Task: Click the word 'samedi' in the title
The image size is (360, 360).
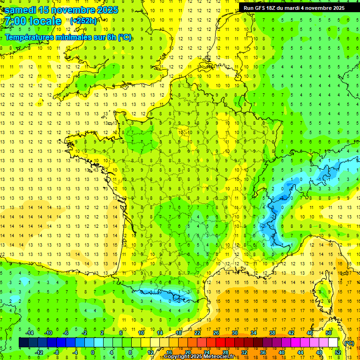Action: (x=21, y=9)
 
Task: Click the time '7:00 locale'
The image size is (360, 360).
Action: (x=33, y=21)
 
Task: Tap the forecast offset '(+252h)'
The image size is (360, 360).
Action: (x=83, y=21)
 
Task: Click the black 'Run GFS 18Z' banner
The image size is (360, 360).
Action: (x=294, y=7)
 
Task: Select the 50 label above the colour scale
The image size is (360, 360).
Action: (x=328, y=333)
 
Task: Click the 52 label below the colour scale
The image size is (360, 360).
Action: (x=337, y=352)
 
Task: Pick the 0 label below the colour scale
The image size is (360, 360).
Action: (x=93, y=352)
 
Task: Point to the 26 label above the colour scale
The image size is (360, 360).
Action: (x=216, y=333)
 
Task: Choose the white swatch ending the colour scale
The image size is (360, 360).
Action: (x=333, y=343)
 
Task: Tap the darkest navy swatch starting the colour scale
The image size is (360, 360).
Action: (x=23, y=343)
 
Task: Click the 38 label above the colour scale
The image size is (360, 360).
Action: (x=272, y=333)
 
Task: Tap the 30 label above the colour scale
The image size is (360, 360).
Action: (x=234, y=333)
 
